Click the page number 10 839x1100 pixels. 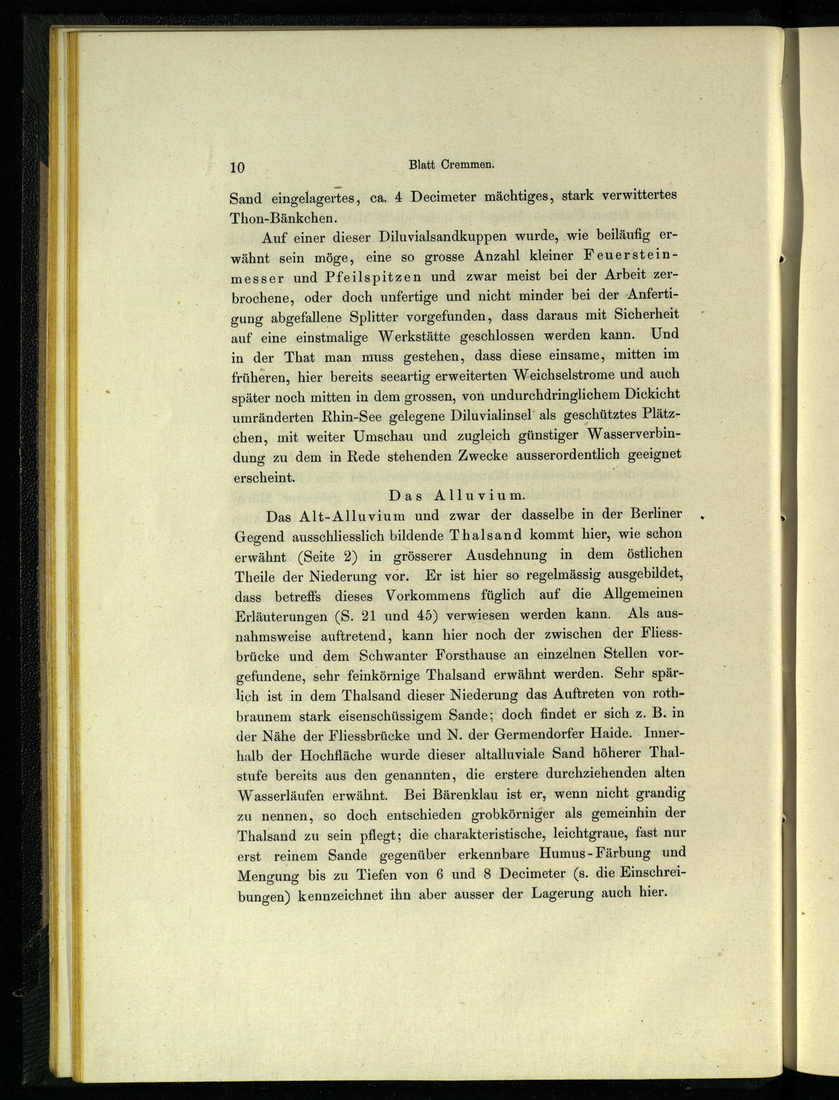[x=237, y=167]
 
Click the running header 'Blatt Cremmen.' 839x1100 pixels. [x=451, y=165]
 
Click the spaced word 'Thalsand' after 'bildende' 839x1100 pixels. [x=479, y=535]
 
